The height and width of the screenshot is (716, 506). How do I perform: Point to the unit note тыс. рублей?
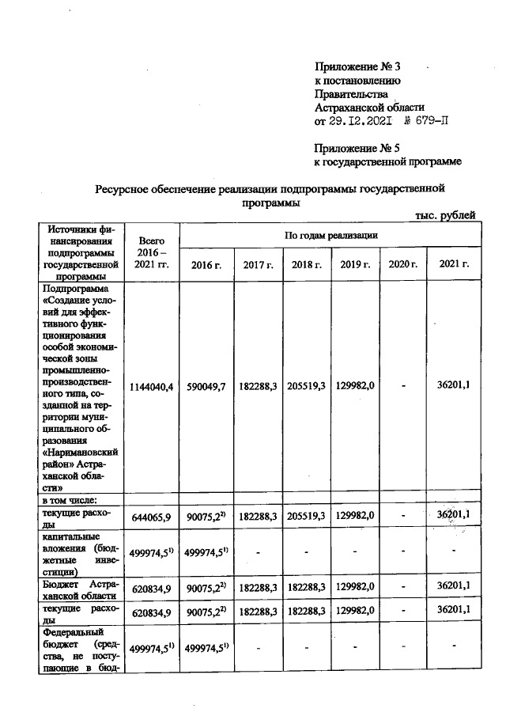click(445, 214)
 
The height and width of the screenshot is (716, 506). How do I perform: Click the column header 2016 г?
click(206, 263)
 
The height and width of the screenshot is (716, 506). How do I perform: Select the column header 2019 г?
click(355, 263)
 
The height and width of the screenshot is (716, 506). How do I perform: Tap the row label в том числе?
click(70, 499)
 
